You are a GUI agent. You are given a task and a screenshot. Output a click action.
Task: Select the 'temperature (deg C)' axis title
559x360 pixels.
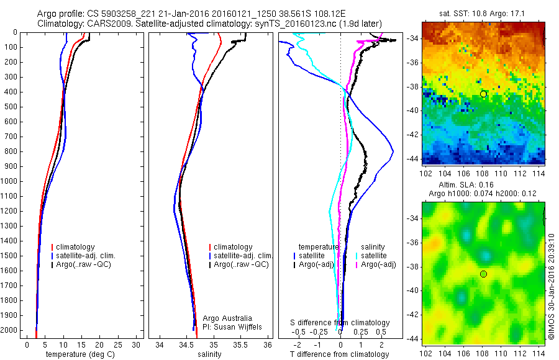pyautogui.click(x=78, y=354)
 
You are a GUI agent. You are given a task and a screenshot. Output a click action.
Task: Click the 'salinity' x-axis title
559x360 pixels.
pyautogui.click(x=210, y=354)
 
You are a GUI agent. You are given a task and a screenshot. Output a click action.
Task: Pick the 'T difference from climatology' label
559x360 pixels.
pyautogui.click(x=339, y=354)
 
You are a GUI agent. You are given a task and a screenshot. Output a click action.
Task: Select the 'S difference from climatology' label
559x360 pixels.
pyautogui.click(x=340, y=323)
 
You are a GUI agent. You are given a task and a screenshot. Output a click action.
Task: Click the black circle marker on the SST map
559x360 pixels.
pyautogui.click(x=483, y=94)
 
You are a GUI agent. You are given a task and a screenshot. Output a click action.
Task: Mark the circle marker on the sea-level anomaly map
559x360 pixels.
pyautogui.click(x=483, y=274)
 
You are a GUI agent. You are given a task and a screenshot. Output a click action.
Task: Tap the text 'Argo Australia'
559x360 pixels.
pyautogui.click(x=228, y=318)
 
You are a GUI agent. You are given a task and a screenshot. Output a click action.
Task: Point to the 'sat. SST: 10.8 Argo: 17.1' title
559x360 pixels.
pyautogui.click(x=483, y=13)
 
